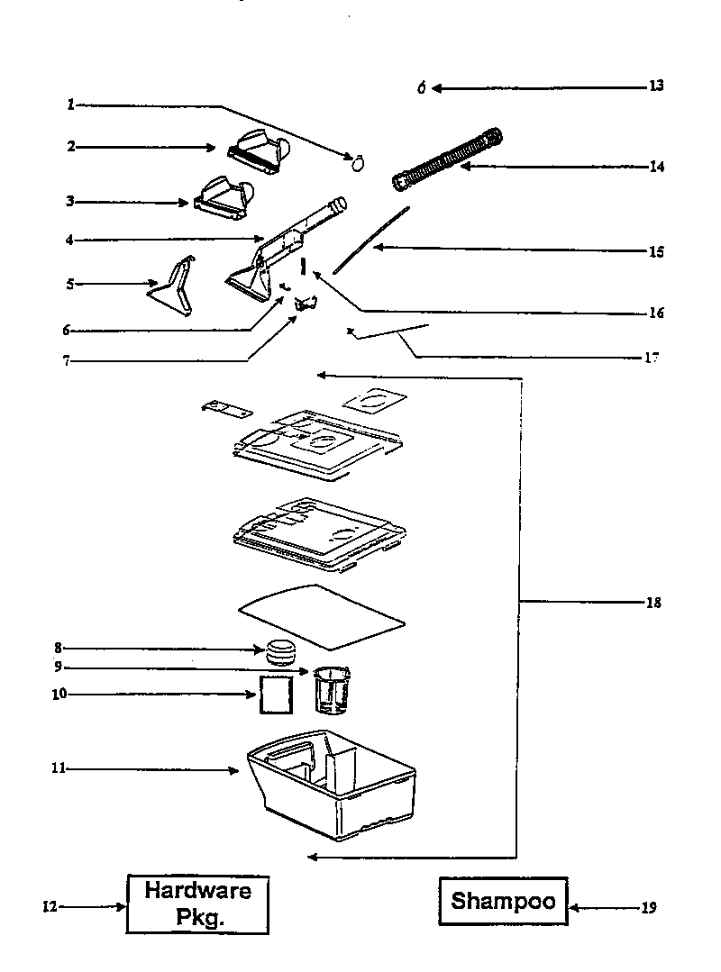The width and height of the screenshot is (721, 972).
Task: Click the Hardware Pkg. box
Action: click(x=197, y=904)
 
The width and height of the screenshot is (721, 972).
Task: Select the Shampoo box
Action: click(x=503, y=901)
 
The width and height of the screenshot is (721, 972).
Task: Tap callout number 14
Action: click(x=657, y=167)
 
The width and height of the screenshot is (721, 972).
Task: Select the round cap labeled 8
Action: click(x=281, y=650)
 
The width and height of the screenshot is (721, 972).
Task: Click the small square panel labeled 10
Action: click(x=276, y=695)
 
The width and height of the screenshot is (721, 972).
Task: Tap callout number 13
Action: click(x=656, y=86)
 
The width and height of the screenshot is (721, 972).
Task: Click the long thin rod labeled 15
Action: click(x=371, y=240)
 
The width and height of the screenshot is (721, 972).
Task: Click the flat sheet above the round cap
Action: click(x=322, y=615)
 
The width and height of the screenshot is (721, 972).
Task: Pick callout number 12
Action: click(x=50, y=907)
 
